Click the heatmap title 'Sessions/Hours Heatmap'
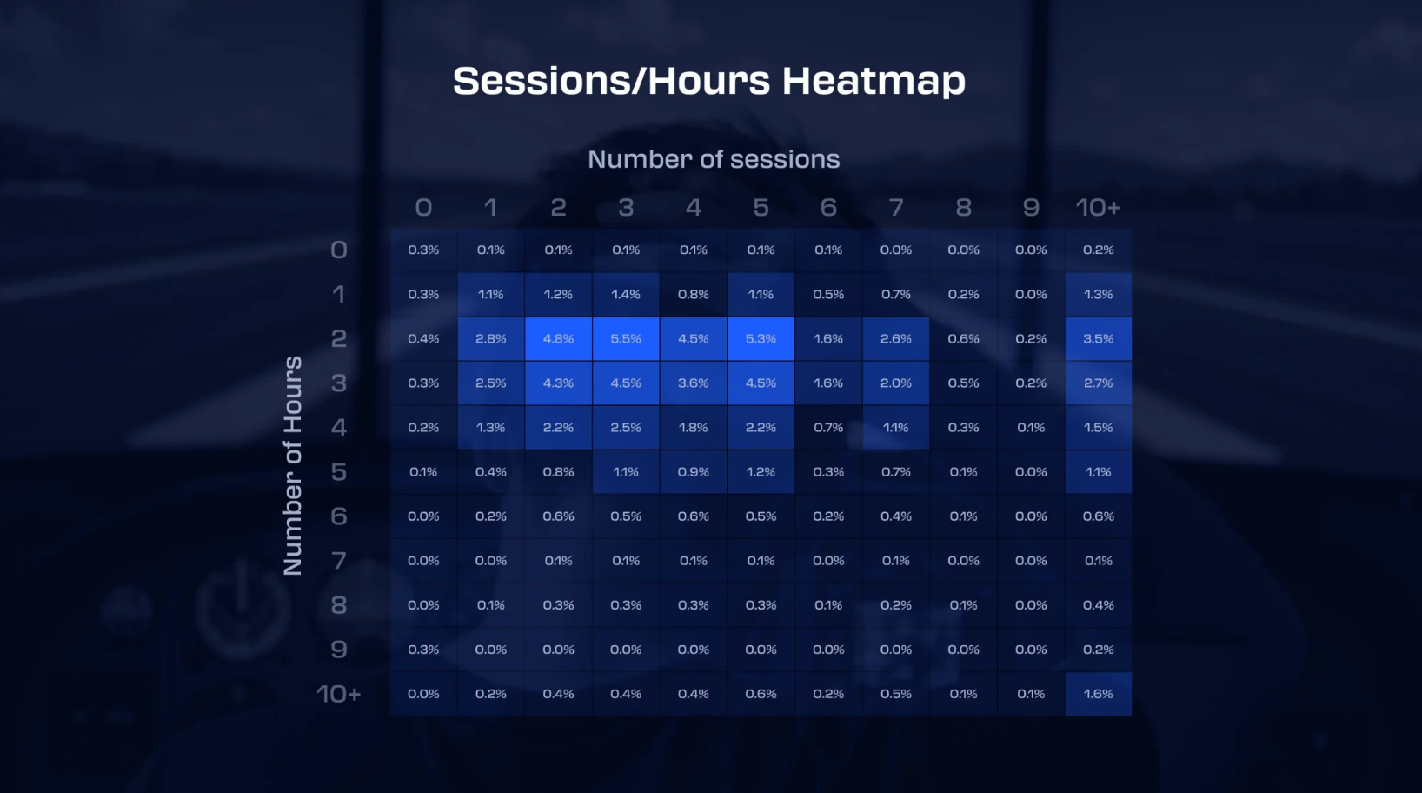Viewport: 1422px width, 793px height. (709, 81)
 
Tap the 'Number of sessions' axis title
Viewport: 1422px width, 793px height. (714, 159)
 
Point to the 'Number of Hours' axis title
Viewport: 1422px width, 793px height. (293, 465)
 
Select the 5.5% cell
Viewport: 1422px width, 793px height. (626, 338)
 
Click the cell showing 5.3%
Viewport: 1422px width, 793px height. (761, 338)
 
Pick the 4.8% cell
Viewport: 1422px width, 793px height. (559, 338)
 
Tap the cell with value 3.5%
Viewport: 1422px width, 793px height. (1099, 338)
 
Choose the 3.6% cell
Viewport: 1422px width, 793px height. (694, 383)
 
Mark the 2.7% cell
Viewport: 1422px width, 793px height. (1099, 383)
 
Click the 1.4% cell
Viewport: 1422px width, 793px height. (626, 294)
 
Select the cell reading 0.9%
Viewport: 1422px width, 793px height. (694, 472)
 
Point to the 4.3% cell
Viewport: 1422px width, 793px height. (559, 383)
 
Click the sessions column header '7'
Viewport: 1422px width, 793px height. (896, 207)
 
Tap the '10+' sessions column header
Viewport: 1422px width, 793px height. (1099, 207)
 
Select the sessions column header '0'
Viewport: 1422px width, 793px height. (423, 207)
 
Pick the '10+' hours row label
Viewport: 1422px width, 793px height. (338, 694)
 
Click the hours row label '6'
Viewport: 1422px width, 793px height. (338, 516)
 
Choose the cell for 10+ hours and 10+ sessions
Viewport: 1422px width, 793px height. (1099, 694)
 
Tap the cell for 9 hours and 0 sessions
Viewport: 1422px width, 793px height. (423, 650)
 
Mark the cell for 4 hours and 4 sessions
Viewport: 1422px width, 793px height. (694, 427)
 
